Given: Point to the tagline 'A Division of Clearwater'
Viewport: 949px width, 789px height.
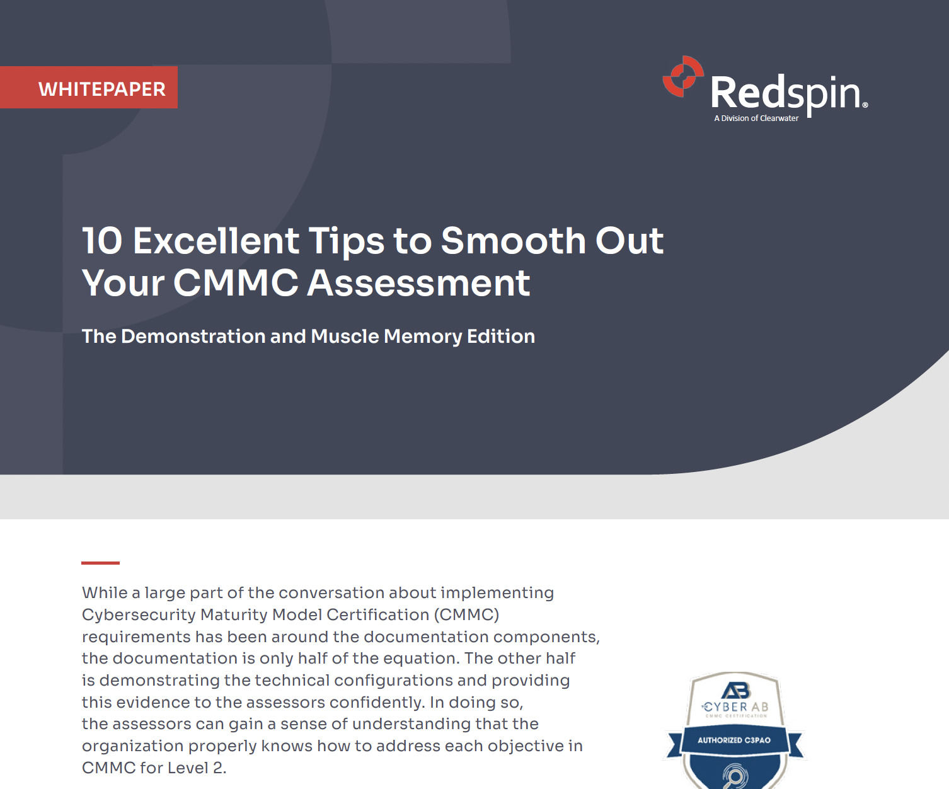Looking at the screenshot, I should click(756, 118).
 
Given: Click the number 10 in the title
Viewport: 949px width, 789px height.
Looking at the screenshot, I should click(102, 241).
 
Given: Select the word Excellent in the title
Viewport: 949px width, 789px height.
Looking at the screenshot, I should click(216, 241).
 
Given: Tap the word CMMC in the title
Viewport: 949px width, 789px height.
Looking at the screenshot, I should click(236, 283).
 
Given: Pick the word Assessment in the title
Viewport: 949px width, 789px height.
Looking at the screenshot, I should click(418, 283).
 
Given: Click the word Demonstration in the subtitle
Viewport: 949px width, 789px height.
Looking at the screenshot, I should click(193, 337).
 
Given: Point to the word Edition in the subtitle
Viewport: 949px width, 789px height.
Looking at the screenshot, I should click(501, 337).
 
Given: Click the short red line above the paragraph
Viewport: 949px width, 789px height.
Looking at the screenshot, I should click(100, 563).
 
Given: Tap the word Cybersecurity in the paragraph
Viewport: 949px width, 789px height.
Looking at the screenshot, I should click(139, 615).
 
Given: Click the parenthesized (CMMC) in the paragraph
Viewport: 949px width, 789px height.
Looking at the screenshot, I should click(466, 615).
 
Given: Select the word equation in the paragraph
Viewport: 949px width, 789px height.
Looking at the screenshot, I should click(420, 659).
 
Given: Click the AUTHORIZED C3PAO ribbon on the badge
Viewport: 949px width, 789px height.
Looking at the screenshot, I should click(734, 740).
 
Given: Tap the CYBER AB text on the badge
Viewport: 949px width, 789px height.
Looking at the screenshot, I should click(736, 707).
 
